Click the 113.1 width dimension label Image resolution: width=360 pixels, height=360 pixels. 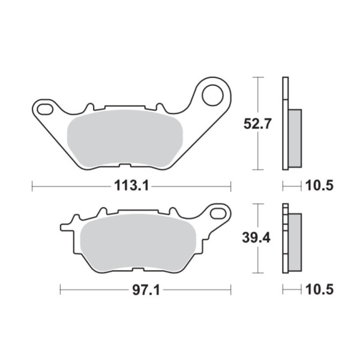click(x=131, y=186)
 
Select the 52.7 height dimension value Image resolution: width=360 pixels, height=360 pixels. click(x=257, y=124)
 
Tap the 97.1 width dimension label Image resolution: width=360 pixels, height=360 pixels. click(x=146, y=290)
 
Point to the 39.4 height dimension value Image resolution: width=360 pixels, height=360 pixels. click(x=256, y=238)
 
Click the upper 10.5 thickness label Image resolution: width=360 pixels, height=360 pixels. click(x=319, y=186)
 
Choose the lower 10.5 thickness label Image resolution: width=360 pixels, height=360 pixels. click(x=319, y=290)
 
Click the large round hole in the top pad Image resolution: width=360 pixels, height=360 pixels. click(x=212, y=95)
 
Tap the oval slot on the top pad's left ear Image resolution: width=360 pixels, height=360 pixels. click(x=45, y=109)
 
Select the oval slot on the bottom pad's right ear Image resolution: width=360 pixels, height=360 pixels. click(x=218, y=213)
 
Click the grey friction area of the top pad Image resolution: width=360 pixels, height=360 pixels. click(x=125, y=138)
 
